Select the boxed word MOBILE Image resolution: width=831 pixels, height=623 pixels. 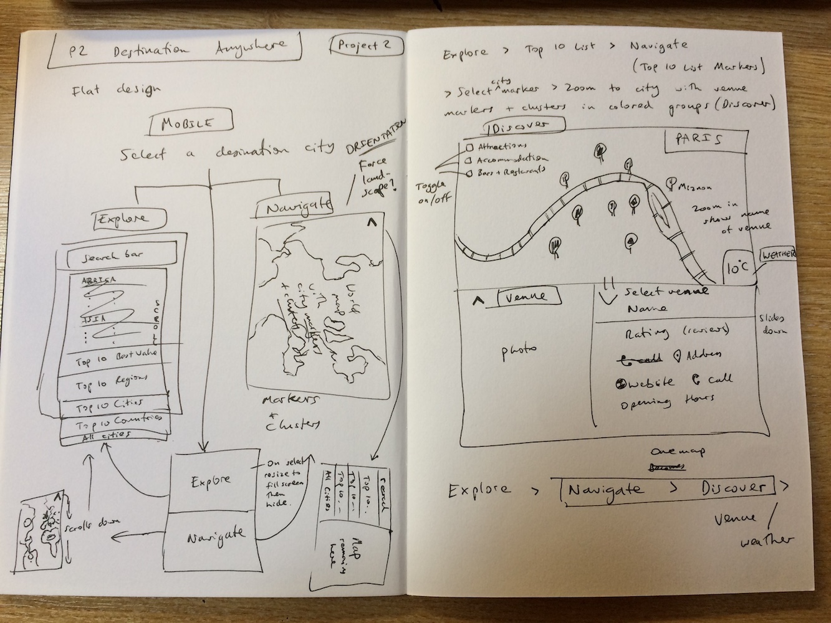tap(187, 124)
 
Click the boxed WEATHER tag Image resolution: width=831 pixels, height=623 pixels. tap(777, 256)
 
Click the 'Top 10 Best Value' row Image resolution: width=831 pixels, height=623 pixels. tap(115, 358)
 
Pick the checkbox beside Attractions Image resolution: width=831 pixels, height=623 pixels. tap(469, 148)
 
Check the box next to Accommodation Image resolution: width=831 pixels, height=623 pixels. tap(468, 159)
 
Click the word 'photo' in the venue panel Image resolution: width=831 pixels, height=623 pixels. tap(518, 351)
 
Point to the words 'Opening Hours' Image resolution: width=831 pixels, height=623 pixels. tap(667, 401)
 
